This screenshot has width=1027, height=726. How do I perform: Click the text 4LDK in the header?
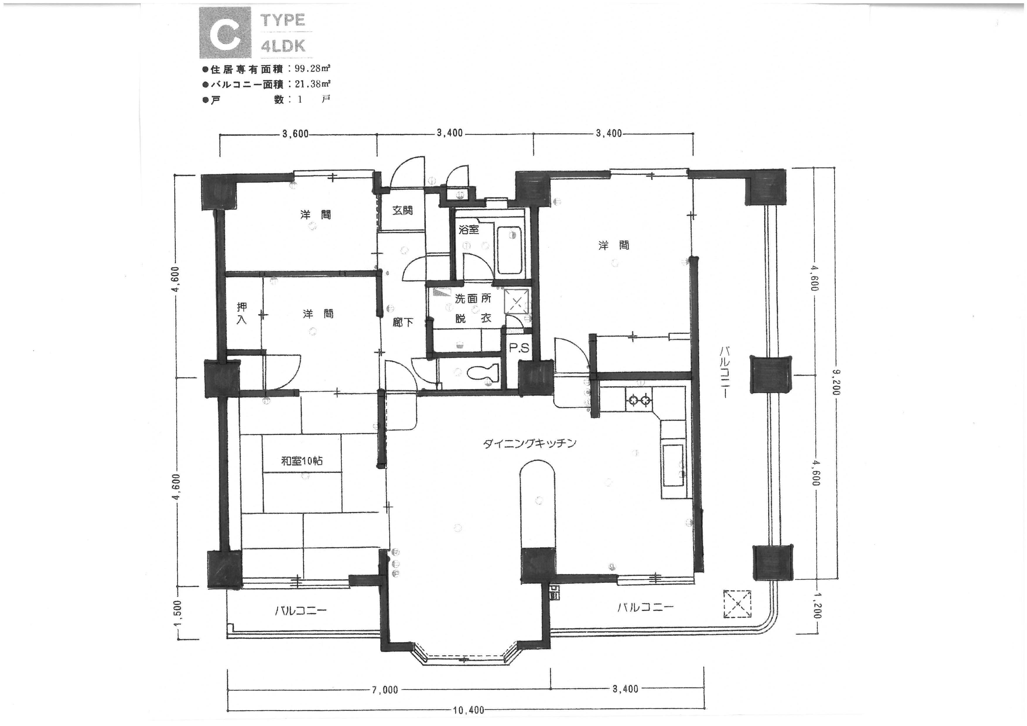[283, 47]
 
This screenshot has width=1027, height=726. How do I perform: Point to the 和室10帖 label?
[301, 461]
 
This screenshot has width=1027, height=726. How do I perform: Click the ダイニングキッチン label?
[529, 444]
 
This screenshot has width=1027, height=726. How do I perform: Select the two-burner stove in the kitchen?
[639, 399]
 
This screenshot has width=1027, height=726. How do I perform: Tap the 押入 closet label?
[242, 313]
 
